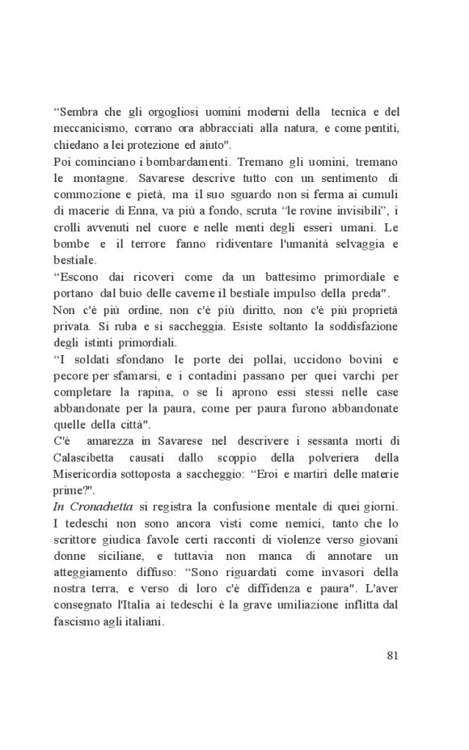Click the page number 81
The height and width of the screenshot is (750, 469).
391,655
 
